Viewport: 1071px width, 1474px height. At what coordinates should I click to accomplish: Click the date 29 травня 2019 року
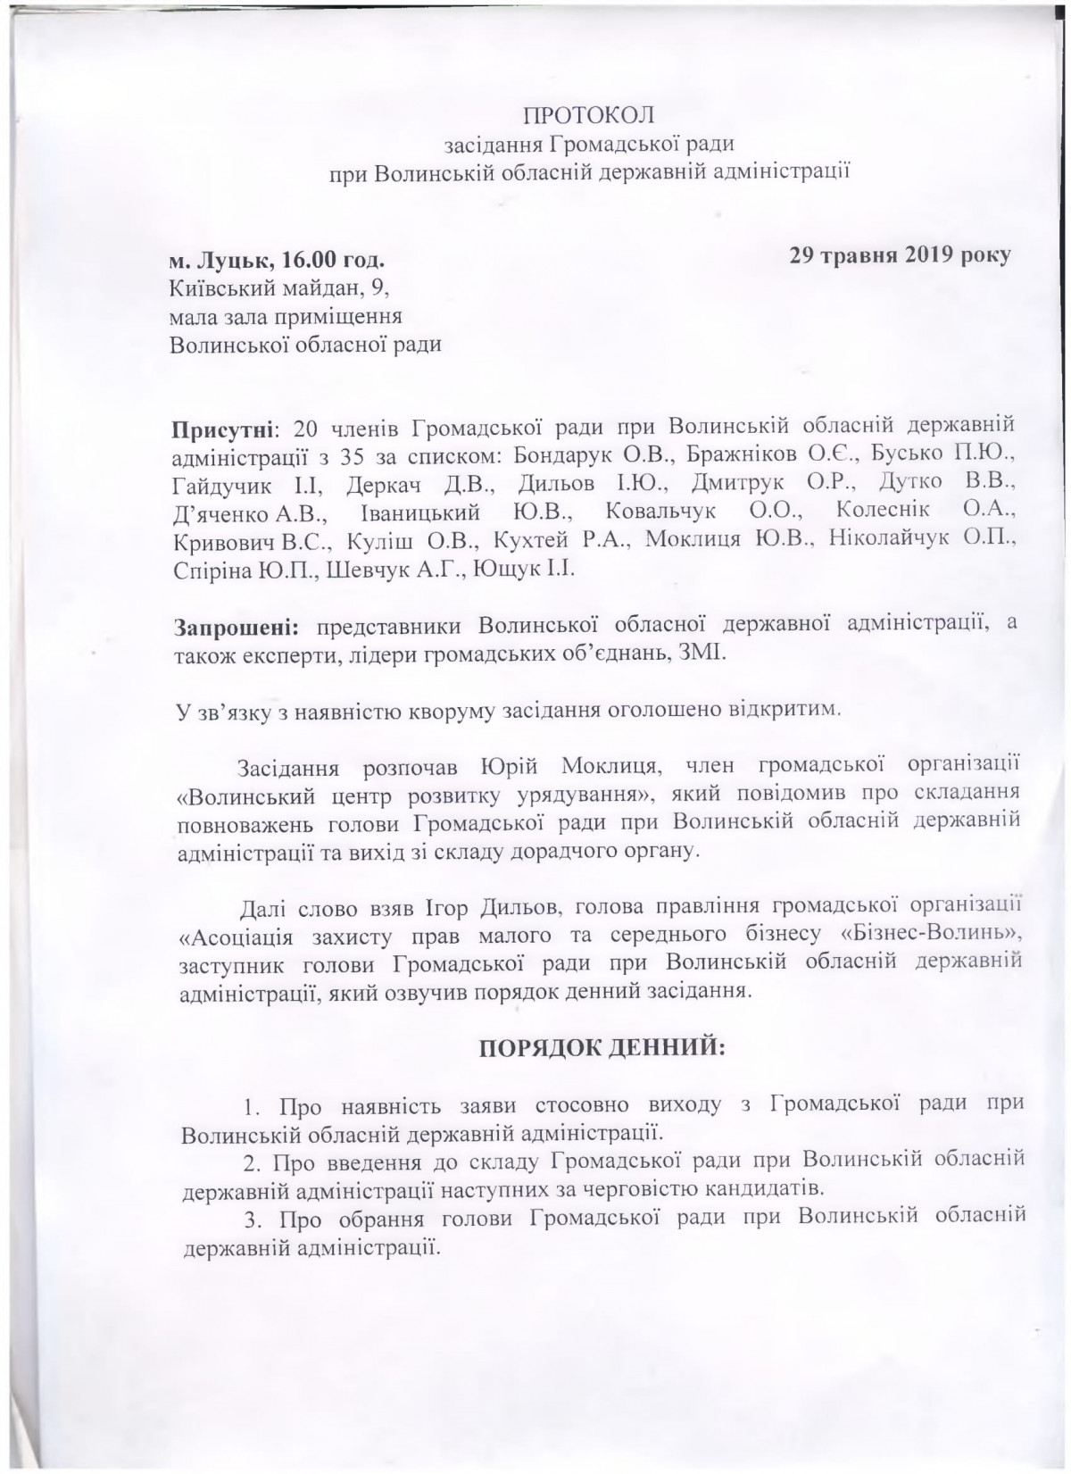[900, 254]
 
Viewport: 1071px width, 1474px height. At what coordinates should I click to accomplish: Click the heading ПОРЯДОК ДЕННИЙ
[604, 1047]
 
